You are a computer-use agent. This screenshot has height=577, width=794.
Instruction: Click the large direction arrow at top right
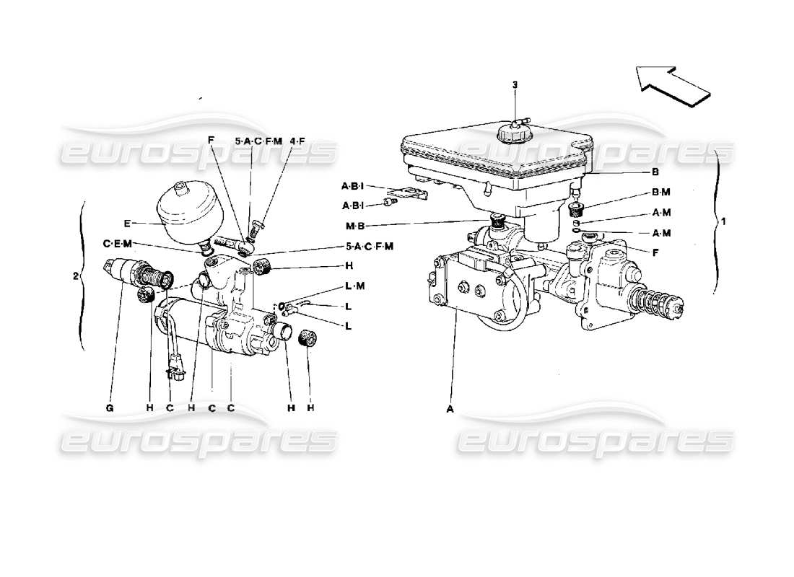pos(671,82)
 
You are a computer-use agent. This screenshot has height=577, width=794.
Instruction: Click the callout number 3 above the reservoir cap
pos(515,85)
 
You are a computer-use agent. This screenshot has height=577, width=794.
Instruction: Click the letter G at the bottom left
pos(110,408)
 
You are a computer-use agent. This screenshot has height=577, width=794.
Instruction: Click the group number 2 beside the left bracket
pos(75,275)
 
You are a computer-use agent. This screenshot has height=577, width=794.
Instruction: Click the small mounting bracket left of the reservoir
pos(411,194)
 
